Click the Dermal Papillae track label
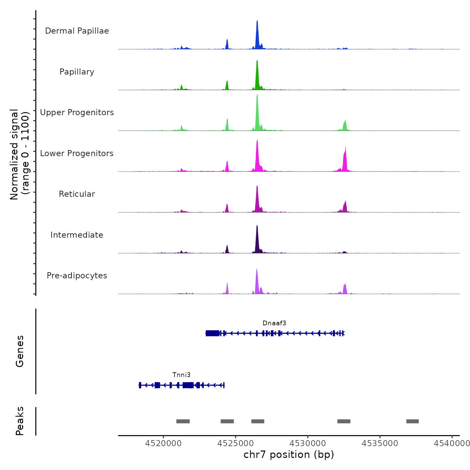coord(77,31)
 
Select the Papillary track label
coord(77,72)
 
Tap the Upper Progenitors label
coord(77,112)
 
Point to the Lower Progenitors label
coord(77,153)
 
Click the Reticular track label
coord(77,194)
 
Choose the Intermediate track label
coord(77,235)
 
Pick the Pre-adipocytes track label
coord(77,276)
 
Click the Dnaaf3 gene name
coord(274,323)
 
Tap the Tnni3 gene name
coord(181,375)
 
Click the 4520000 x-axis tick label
coord(163,443)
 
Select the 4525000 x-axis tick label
coord(236,443)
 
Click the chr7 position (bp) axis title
coord(289,455)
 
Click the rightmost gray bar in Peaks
coord(412,421)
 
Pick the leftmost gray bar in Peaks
coord(183,421)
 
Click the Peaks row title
coord(20,421)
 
